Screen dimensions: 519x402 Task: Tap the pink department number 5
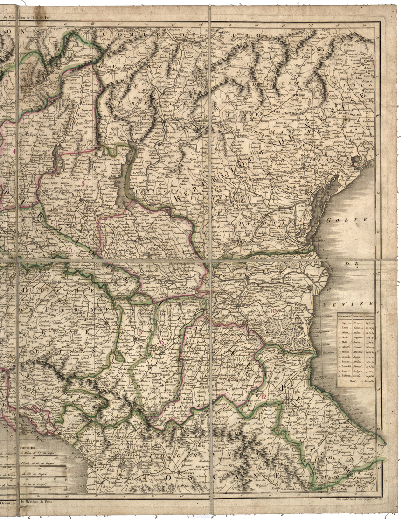83,183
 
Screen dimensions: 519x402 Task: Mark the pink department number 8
140,331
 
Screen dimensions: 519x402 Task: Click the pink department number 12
264,397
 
